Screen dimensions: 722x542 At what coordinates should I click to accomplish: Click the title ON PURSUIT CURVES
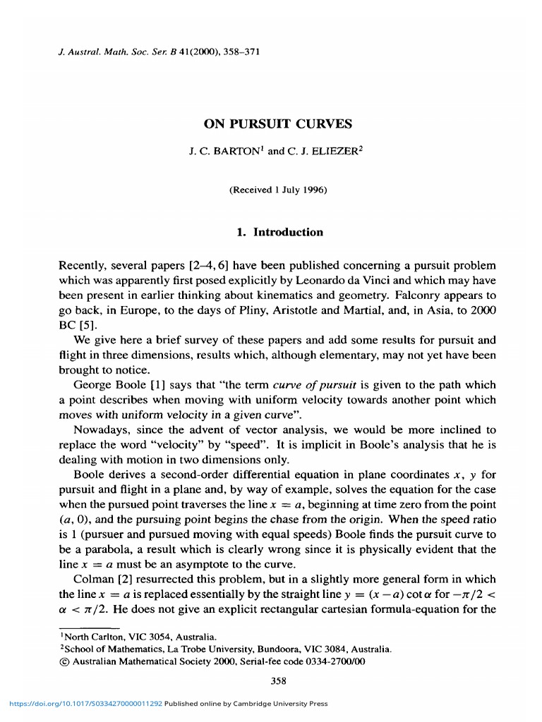[277, 125]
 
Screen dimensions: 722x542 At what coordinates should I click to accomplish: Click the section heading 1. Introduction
[277, 232]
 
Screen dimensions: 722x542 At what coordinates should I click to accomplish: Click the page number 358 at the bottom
[277, 680]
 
